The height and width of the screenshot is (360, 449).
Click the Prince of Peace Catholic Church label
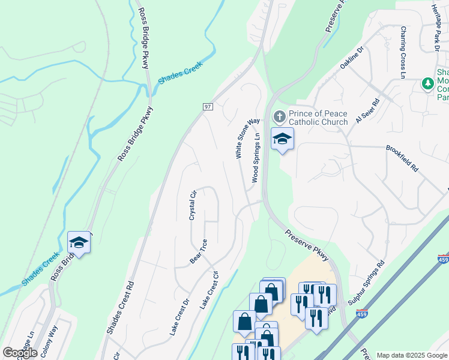(318, 118)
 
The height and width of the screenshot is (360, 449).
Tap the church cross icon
(279, 116)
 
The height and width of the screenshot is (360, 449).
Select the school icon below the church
(282, 140)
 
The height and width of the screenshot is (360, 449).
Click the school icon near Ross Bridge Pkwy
(79, 243)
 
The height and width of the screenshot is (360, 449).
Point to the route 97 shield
(208, 106)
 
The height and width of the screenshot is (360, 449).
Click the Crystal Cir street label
(193, 205)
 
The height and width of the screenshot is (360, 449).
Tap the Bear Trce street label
(199, 251)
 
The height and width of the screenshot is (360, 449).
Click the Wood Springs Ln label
(256, 158)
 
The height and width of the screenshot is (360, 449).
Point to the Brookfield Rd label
(402, 158)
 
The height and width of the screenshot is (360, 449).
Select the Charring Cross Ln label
(403, 52)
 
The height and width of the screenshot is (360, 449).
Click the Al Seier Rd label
(367, 111)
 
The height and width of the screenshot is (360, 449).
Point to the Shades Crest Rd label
(120, 307)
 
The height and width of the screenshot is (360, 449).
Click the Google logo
(20, 353)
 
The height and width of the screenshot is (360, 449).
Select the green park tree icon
(427, 84)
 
